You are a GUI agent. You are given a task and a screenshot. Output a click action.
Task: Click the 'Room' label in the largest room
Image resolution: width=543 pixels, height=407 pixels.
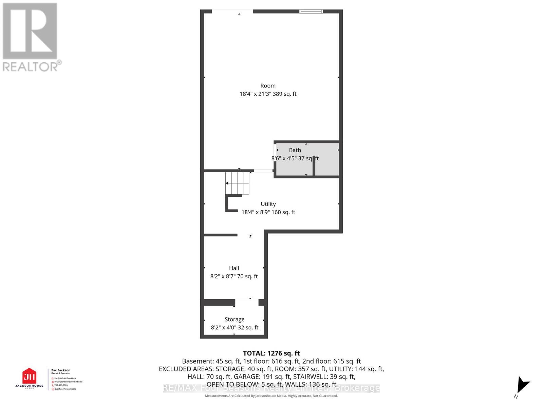coord(268,86)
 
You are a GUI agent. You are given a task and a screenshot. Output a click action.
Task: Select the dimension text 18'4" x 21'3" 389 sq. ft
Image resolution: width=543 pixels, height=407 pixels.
coord(268,94)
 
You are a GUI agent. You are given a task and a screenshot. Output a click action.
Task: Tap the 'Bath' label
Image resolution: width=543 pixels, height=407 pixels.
coord(295,150)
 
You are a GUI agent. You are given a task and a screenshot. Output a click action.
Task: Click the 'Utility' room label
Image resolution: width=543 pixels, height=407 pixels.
coord(268,204)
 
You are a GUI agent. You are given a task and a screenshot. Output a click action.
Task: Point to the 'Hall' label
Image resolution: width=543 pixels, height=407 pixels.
coord(234,268)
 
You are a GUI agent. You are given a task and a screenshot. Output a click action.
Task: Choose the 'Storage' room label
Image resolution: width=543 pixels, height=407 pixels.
coord(235,319)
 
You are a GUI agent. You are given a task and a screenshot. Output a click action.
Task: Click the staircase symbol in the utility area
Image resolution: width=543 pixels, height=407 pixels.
coord(238,183)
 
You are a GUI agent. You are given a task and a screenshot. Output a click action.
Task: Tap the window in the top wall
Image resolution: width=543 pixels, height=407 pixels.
coord(311,12)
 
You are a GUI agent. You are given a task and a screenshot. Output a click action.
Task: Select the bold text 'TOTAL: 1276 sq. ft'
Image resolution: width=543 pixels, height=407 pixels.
coord(271,353)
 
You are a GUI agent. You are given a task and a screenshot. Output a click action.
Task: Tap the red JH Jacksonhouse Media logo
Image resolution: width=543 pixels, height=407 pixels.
coord(29,376)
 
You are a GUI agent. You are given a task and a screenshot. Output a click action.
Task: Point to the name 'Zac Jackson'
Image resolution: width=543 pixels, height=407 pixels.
coord(61,370)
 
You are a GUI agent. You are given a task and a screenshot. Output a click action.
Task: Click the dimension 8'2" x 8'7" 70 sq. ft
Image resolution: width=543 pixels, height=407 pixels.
coord(234,276)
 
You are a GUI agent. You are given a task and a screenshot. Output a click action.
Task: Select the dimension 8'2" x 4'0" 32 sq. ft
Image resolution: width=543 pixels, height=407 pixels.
coord(235,327)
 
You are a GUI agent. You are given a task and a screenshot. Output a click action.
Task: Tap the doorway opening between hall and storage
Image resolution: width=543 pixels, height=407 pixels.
coord(247,302)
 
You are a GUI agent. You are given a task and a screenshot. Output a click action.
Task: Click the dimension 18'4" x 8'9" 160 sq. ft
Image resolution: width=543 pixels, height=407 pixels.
coord(268,212)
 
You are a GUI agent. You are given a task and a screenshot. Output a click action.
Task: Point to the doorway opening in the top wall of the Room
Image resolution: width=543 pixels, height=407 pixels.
coord(232,12)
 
